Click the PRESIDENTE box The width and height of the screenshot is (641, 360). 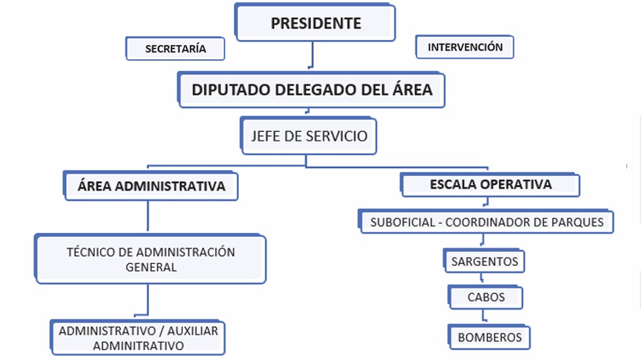(x=316, y=24)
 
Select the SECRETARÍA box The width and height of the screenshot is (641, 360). (x=175, y=48)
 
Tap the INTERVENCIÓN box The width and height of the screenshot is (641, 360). (x=465, y=47)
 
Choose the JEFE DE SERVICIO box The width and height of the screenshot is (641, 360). (x=309, y=136)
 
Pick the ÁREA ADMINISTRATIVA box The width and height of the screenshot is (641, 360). (x=151, y=186)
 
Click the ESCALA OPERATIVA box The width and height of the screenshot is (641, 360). (x=491, y=185)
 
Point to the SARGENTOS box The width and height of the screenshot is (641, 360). (x=485, y=262)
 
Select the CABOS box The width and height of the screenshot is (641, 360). (x=486, y=297)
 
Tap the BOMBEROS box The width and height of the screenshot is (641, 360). (x=490, y=337)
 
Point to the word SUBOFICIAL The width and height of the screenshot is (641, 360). (x=402, y=222)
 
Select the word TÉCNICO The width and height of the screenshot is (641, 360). (x=91, y=252)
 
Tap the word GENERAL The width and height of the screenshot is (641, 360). (x=151, y=267)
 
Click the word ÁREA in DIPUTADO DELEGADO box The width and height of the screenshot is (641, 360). (x=410, y=90)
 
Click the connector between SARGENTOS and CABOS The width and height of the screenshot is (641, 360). (x=484, y=278)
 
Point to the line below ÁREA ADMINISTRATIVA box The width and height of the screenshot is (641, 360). (x=148, y=217)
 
